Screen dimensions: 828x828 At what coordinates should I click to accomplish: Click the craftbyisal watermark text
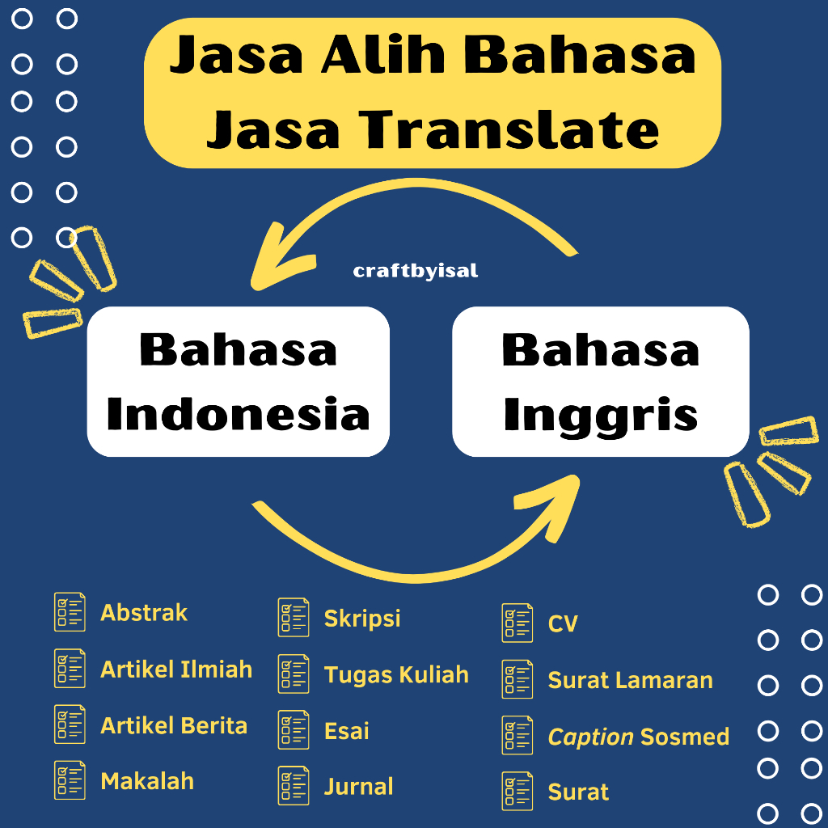(416, 271)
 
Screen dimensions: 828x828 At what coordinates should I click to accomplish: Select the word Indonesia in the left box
(238, 414)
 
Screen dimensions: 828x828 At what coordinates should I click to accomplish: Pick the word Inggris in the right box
(600, 414)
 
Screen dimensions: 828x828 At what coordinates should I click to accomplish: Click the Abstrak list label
(144, 613)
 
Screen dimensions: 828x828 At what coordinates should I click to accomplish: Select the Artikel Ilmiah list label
(176, 670)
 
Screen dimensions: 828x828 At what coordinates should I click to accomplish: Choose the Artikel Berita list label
(174, 725)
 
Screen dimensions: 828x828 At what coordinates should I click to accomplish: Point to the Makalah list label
(147, 781)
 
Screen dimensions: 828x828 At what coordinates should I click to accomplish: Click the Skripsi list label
(362, 619)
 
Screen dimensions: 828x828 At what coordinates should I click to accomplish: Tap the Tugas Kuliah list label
(396, 674)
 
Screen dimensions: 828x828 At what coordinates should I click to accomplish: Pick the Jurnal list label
(358, 787)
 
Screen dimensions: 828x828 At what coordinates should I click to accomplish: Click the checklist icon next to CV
(517, 623)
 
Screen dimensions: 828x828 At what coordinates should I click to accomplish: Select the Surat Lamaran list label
(631, 680)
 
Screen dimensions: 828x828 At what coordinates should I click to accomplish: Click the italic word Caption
(590, 737)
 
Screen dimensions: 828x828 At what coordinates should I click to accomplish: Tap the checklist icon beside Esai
(294, 730)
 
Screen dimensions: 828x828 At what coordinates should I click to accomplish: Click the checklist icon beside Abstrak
(70, 612)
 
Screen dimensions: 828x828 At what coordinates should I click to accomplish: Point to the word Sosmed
(685, 737)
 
